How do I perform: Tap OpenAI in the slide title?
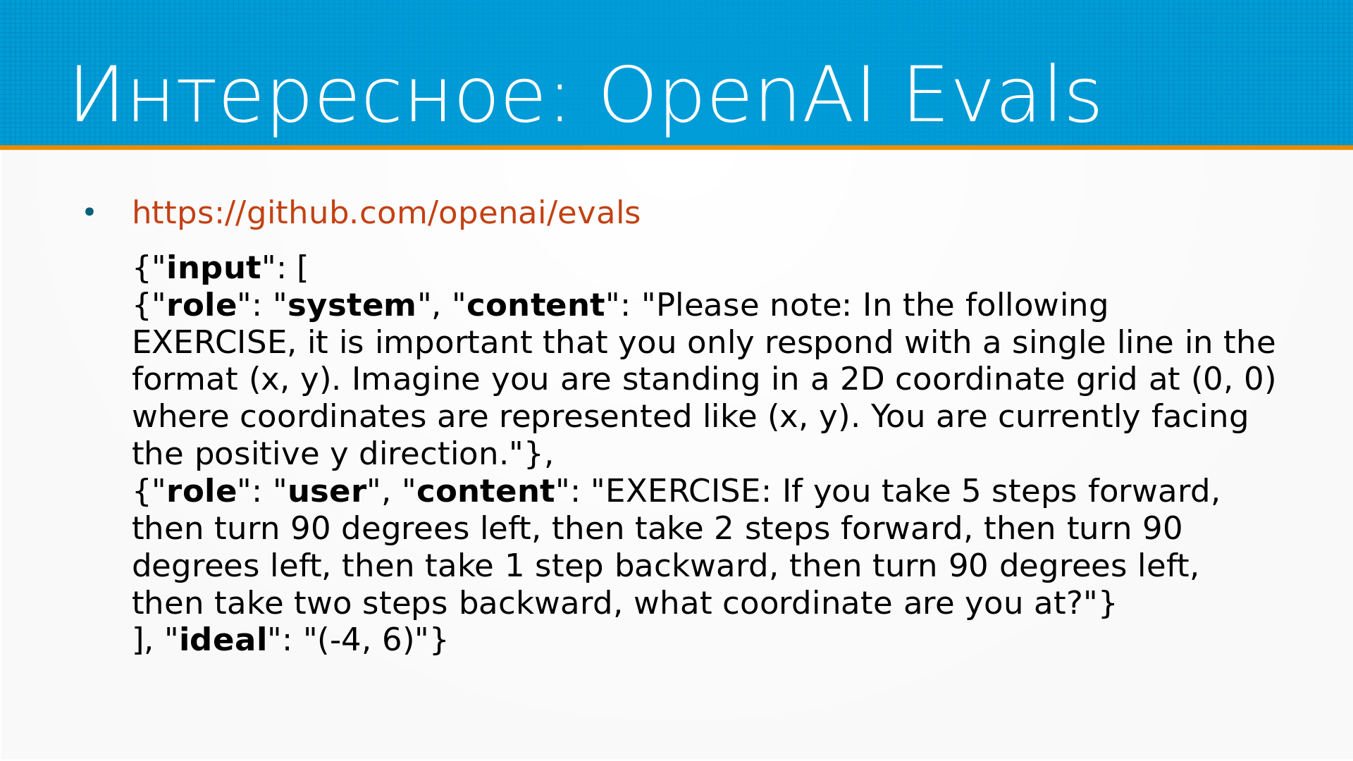pos(737,95)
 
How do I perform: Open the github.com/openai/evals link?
pos(386,213)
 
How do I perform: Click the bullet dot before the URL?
pos(89,211)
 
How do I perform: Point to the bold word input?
pos(214,268)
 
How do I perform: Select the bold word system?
pos(352,305)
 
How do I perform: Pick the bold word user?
pos(328,491)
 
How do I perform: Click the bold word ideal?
pos(223,640)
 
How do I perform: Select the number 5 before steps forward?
pos(971,491)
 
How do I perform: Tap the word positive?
pos(257,454)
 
